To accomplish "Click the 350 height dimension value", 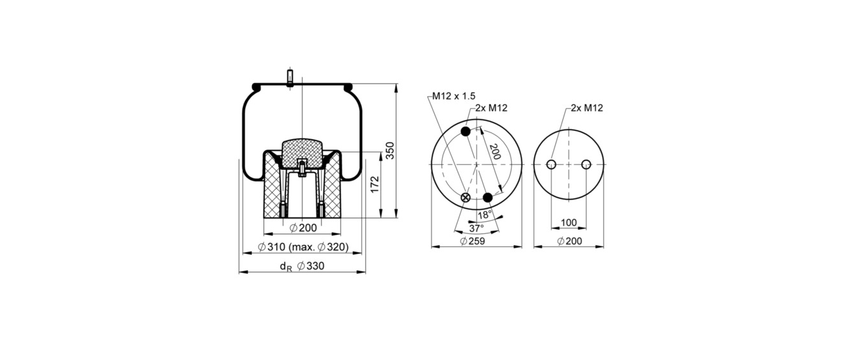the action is pos(390,151).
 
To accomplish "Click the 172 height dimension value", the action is pos(374,185).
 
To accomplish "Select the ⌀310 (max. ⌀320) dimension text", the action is pos(303,247).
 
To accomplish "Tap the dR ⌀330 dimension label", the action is pos(302,266).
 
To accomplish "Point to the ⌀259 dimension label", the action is pos(472,241).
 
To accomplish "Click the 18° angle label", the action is pos(485,215).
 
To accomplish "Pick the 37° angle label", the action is pos(477,229).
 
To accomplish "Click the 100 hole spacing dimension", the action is pos(569,223).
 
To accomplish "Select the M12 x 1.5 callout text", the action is pos(454,96).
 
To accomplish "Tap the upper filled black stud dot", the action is pos(466,131).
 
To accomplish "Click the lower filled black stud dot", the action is pos(487,198).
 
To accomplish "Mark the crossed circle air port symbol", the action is pos(466,198).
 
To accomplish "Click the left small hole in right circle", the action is pos(551,164).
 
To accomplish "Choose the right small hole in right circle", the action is pos(586,164).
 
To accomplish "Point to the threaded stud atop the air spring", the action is pos(290,77).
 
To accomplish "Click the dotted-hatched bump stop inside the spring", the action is pos(303,153).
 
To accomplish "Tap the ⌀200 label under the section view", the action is pos(303,228).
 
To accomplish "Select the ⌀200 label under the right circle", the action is pos(569,241).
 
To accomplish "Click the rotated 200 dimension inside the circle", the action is pos(495,152).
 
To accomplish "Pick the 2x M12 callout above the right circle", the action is pos(587,108).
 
